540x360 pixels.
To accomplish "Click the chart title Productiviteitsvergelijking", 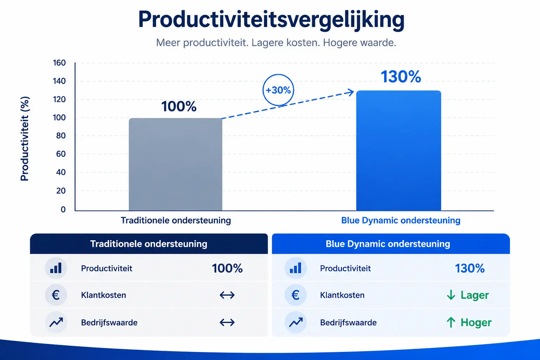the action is click(x=271, y=20).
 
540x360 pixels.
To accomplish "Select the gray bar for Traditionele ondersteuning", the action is click(x=175, y=165).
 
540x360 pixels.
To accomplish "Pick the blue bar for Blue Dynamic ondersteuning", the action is click(x=399, y=151).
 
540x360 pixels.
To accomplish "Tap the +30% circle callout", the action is click(x=278, y=90).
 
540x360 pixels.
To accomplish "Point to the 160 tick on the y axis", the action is click(x=59, y=63).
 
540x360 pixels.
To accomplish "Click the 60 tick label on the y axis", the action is click(x=61, y=154).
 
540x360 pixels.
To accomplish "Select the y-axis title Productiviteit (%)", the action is click(x=25, y=139).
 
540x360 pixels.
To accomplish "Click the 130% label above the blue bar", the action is click(x=401, y=77).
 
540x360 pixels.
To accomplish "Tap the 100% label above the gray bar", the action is click(x=179, y=106).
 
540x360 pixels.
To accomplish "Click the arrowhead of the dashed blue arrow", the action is click(x=351, y=92).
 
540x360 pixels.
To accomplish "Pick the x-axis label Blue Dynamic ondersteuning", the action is click(x=401, y=220).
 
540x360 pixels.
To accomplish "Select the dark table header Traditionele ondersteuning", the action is click(x=149, y=244).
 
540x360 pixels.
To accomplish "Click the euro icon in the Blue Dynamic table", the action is click(x=296, y=295).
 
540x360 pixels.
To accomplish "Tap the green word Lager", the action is click(x=474, y=295).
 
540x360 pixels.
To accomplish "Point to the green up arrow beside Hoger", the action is click(x=451, y=322).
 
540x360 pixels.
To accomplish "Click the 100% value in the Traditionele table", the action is click(x=227, y=268).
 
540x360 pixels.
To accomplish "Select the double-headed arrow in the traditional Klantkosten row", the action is click(x=227, y=295).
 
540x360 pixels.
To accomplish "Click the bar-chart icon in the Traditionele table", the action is click(x=56, y=268).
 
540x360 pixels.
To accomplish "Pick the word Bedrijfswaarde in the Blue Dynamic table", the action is click(x=348, y=323).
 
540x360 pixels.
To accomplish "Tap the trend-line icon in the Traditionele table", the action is click(x=56, y=322).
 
